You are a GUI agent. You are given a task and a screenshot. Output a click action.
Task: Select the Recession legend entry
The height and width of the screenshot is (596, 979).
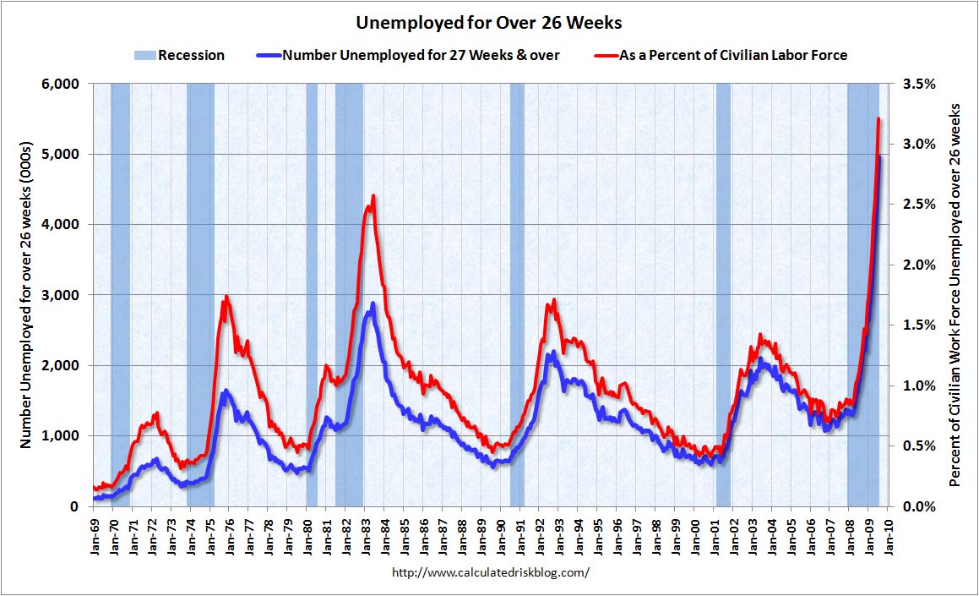pos(178,55)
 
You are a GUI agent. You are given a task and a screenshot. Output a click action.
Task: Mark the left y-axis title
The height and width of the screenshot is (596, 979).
pos(25,294)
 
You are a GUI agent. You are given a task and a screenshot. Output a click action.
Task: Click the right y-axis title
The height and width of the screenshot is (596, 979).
pos(955,294)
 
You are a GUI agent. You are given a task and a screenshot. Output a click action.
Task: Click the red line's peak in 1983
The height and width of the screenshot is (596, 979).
pos(373,196)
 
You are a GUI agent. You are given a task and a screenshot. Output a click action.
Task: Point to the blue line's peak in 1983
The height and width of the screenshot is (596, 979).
pos(373,303)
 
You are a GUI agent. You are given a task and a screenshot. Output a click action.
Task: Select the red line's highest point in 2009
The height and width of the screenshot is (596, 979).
pos(878,119)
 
